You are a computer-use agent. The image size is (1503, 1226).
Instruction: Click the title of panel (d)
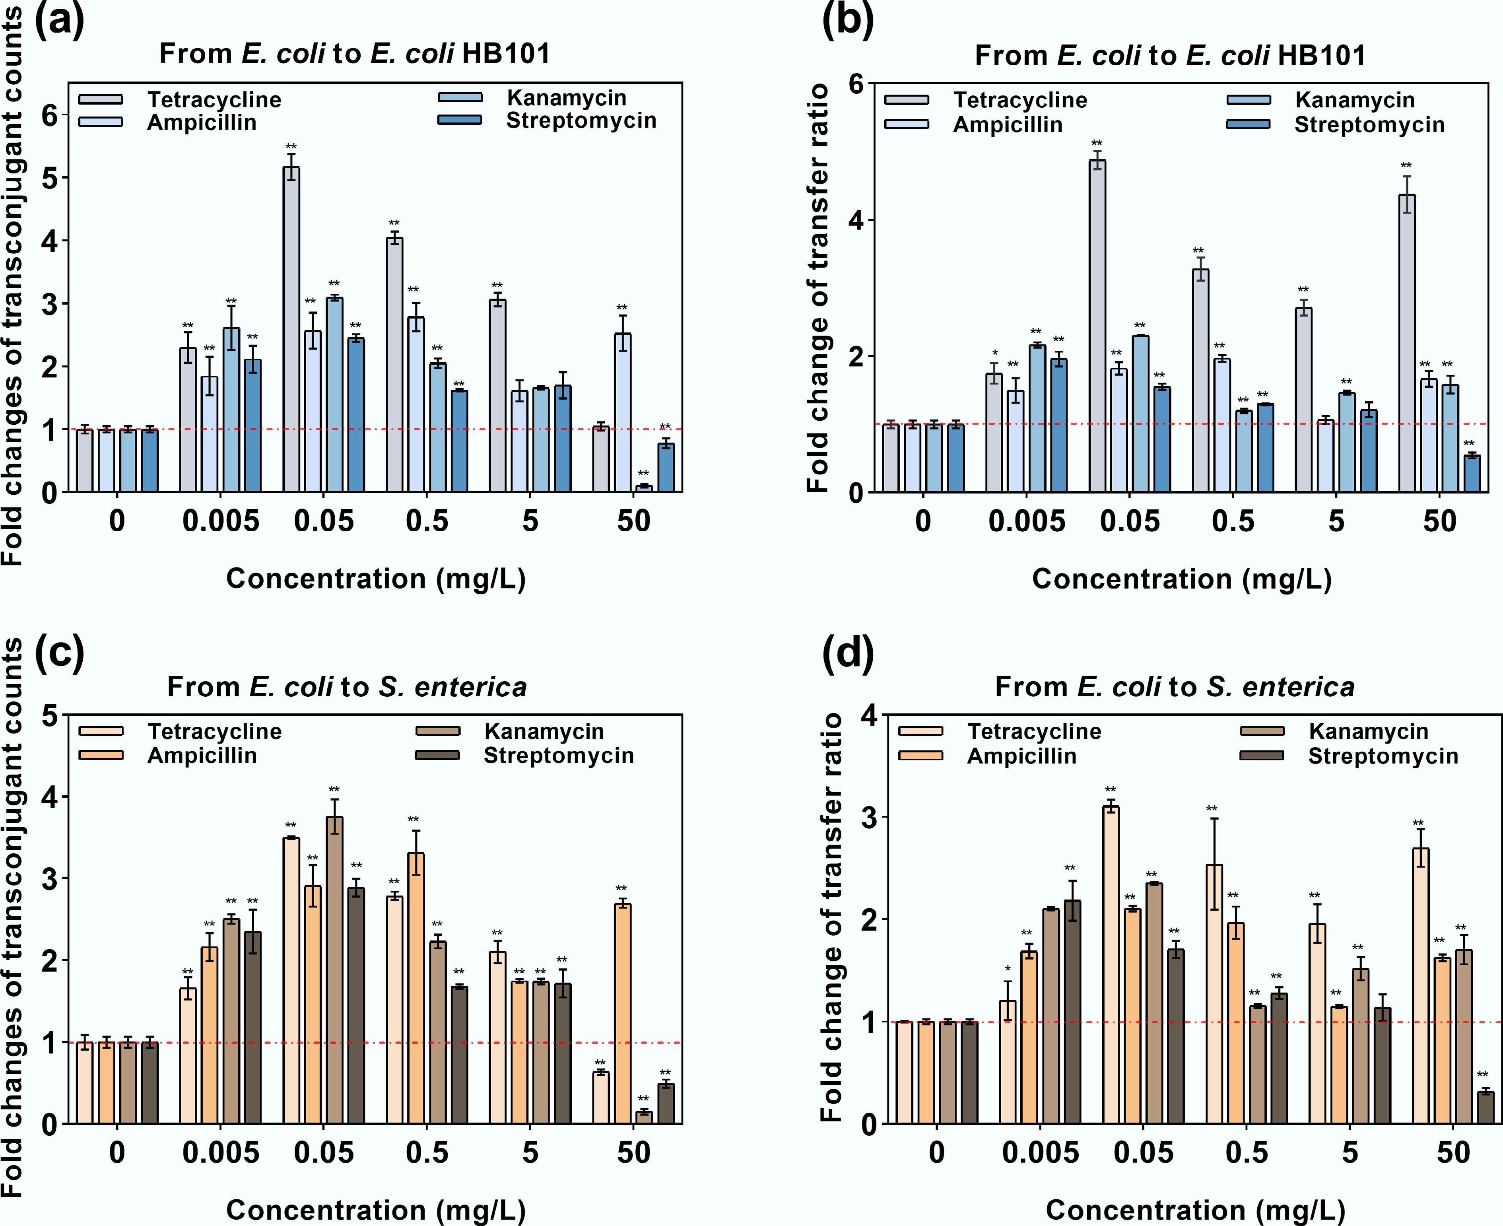[x=1174, y=686]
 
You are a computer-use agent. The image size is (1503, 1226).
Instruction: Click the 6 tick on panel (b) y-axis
[x=856, y=84]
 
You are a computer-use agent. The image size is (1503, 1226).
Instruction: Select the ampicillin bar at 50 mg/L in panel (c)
[x=622, y=1013]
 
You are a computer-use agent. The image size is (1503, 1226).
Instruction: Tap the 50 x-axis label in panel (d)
[x=1453, y=1152]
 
